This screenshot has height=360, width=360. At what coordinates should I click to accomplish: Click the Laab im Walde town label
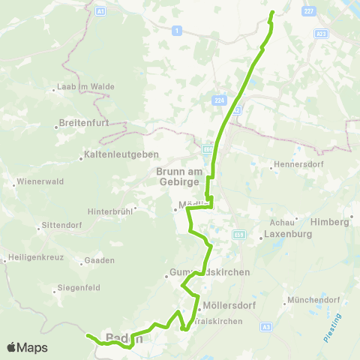click(x=85, y=87)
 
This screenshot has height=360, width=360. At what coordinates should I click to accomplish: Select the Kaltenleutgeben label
click(x=112, y=158)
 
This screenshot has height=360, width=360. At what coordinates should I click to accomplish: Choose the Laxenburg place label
click(x=287, y=234)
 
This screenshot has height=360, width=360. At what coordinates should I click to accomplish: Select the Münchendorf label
click(x=315, y=301)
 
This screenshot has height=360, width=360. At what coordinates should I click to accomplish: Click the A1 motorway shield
click(x=100, y=12)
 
